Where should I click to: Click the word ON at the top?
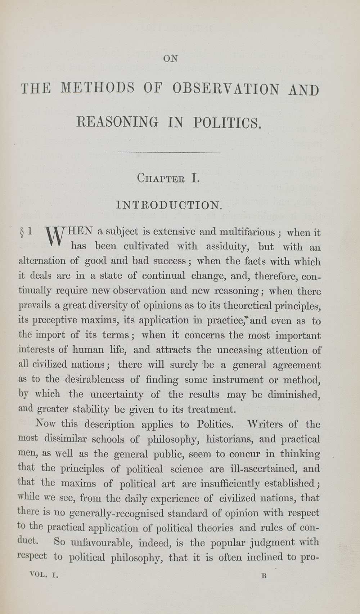(171, 58)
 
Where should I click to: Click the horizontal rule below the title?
(169, 153)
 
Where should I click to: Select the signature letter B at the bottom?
(264, 575)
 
